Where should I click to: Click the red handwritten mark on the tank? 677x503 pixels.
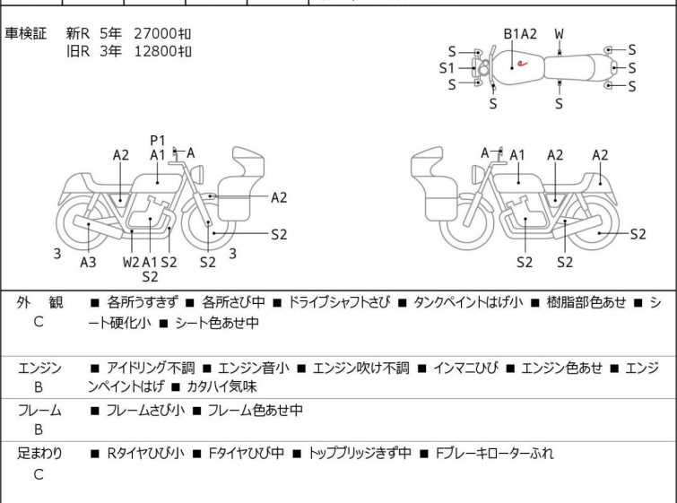[522, 64]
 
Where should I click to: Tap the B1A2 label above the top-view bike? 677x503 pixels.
[520, 34]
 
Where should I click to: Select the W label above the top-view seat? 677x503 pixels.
[560, 34]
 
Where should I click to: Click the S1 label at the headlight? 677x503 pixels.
[447, 68]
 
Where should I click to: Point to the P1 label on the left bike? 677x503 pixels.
[158, 141]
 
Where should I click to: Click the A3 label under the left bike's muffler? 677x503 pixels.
[88, 262]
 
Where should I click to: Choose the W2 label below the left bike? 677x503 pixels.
[131, 262]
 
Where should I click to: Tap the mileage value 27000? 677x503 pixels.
[155, 33]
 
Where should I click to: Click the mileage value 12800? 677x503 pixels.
[155, 51]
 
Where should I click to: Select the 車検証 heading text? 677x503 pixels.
[25, 33]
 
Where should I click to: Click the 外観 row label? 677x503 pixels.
[39, 303]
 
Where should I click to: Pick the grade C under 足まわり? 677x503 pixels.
[39, 474]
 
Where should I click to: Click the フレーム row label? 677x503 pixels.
[39, 410]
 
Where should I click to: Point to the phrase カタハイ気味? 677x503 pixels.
[221, 386]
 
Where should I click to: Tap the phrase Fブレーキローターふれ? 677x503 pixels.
[494, 454]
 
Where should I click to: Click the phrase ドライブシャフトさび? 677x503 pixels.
[339, 302]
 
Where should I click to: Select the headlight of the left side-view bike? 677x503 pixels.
[198, 175]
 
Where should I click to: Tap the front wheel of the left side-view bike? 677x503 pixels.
[209, 223]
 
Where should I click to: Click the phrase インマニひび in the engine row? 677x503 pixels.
[465, 368]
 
